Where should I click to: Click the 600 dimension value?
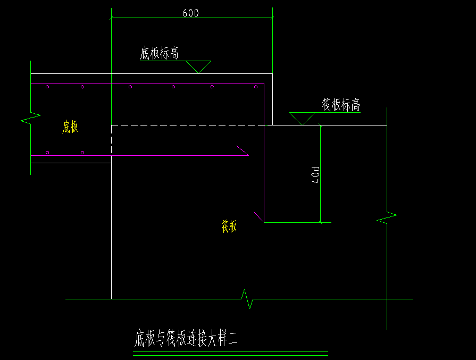(190, 13)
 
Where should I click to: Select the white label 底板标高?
(158, 54)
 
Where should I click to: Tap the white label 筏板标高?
(341, 105)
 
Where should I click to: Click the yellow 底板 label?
(70, 127)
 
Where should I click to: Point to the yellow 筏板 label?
(229, 227)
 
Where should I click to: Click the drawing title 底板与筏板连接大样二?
(186, 339)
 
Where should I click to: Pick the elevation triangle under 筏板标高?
(302, 118)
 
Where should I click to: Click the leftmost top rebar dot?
(47, 87)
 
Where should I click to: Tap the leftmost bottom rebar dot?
(47, 153)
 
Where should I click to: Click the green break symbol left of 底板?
(31, 118)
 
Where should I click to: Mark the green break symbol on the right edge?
(387, 217)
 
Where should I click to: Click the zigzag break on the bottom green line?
(247, 299)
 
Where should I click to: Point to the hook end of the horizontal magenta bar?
(243, 150)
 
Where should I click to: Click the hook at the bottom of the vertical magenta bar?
(259, 217)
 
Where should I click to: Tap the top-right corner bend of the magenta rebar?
(264, 84)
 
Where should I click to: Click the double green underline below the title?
(230, 354)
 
